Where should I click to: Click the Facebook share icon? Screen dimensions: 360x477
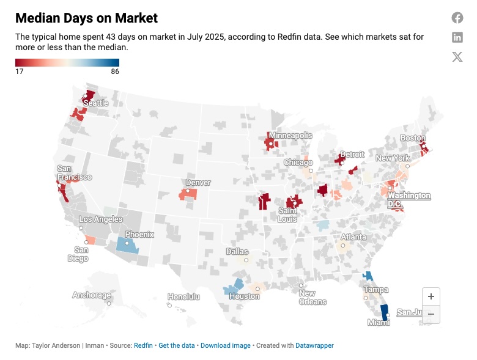point(457,18)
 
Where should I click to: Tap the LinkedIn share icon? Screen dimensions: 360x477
point(457,37)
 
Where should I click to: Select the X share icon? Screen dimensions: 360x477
point(457,57)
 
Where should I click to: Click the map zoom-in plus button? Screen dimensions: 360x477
point(431,296)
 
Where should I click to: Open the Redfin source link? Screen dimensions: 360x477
point(144,345)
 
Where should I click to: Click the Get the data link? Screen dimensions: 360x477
point(177,345)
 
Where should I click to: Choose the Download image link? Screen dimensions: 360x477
point(225,345)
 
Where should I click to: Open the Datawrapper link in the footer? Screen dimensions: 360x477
point(314,345)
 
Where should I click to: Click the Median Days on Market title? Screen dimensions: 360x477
point(86,18)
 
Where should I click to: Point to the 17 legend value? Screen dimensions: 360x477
point(20,72)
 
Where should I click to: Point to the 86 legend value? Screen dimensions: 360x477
point(115,72)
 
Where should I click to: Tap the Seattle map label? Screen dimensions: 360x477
point(95,103)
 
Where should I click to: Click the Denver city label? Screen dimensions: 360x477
point(198,183)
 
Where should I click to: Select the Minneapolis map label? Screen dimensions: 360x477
point(290,135)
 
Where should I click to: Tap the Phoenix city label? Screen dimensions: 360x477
point(139,235)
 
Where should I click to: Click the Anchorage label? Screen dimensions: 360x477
point(92,295)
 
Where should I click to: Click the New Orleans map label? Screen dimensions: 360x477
point(312,298)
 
